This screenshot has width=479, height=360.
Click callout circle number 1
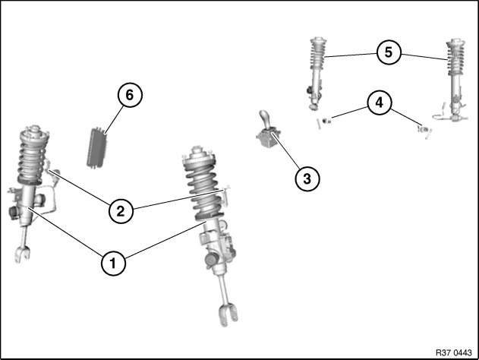click(x=113, y=263)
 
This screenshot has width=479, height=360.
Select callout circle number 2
click(x=121, y=211)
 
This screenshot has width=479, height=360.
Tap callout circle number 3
click(x=307, y=178)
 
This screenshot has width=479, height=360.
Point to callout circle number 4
click(x=379, y=103)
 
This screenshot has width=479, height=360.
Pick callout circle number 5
click(x=389, y=52)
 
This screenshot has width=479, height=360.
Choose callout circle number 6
click(x=130, y=95)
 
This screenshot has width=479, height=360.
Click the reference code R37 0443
click(x=454, y=352)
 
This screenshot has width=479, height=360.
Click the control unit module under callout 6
click(x=97, y=147)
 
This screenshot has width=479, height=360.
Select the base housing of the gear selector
click(x=268, y=139)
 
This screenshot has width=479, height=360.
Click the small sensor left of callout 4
click(x=326, y=121)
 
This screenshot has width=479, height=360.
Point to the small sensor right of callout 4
click(x=424, y=130)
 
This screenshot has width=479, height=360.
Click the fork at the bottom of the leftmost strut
click(x=22, y=254)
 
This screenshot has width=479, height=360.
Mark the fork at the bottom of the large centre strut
click(x=228, y=315)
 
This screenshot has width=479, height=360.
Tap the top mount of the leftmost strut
click(x=34, y=131)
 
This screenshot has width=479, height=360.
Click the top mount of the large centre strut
click(x=199, y=155)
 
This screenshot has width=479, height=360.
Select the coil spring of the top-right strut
click(x=455, y=58)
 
